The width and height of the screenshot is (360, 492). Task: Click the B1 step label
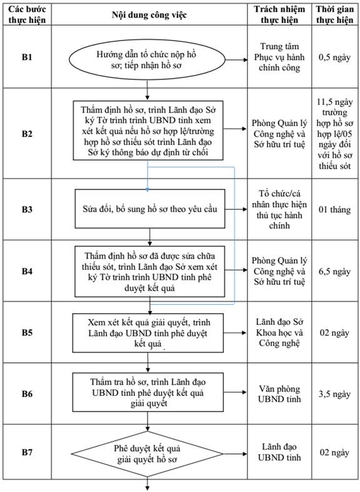coord(27,57)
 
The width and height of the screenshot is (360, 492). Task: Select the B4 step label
coord(27,271)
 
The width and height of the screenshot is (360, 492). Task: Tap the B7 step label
coord(27,452)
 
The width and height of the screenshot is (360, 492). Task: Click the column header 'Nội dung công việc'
coord(149,15)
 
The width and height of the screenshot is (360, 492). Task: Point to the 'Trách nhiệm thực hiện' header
coord(279,14)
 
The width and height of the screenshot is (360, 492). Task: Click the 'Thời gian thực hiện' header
coord(335,14)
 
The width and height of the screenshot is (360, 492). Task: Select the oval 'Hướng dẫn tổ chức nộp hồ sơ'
coord(147,59)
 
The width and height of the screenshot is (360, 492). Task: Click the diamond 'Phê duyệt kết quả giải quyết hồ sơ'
coord(147,454)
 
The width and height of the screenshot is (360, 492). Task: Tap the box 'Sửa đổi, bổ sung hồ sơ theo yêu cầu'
coord(150,209)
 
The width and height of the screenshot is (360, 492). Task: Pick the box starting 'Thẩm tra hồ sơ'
coord(148,392)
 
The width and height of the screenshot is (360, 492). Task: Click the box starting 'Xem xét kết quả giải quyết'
coord(148,333)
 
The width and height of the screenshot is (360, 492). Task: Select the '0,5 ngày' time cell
coord(334,57)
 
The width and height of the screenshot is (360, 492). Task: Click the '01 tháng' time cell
coord(334,209)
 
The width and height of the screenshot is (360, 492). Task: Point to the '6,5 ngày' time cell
coord(334,271)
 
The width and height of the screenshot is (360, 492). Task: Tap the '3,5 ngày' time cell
coord(334,394)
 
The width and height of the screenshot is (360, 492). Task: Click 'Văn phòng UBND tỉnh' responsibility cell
coord(279,394)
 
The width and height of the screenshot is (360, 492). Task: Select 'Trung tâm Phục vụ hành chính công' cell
coord(279,57)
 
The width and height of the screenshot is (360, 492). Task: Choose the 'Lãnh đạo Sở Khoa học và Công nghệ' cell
coord(279,333)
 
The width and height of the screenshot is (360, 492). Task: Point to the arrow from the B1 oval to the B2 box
coord(147,90)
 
